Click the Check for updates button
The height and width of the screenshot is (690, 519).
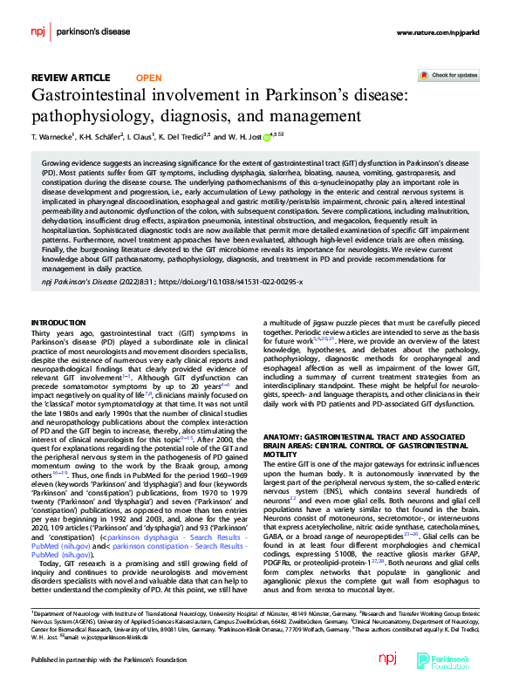tap(448, 76)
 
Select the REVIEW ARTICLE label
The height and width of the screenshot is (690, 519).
tap(72, 78)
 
